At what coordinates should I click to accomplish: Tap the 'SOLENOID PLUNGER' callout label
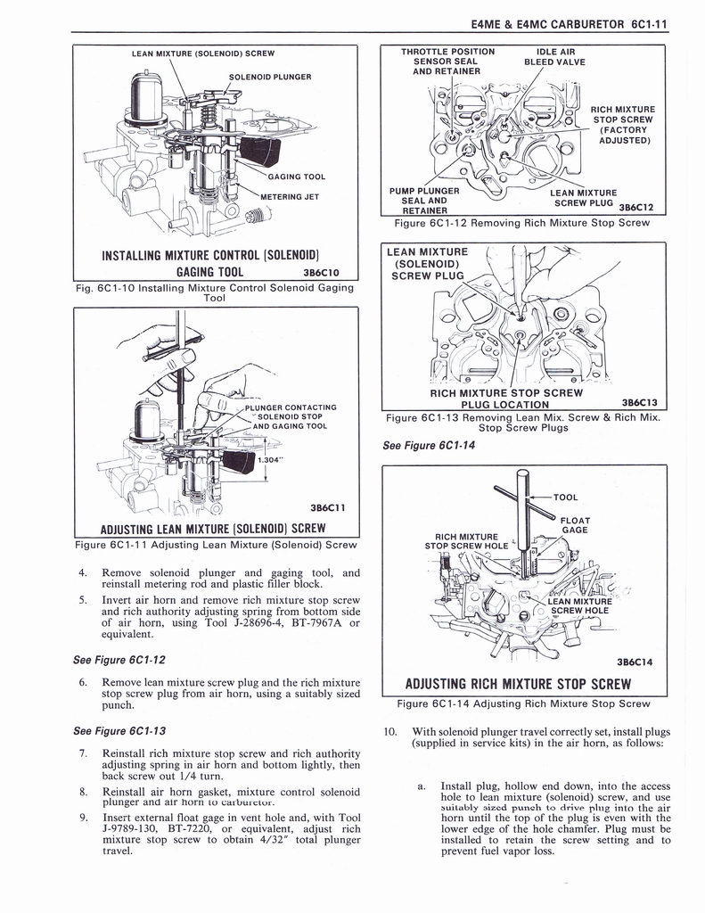[269, 77]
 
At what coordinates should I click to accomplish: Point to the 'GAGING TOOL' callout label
[296, 177]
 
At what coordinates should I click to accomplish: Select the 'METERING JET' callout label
[289, 197]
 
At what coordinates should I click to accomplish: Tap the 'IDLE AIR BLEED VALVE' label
[555, 56]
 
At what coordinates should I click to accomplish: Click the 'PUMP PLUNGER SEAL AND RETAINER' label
[424, 201]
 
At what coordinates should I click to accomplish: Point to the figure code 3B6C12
[636, 208]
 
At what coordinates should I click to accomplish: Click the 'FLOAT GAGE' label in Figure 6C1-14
[575, 525]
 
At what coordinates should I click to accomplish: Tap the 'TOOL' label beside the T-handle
[565, 498]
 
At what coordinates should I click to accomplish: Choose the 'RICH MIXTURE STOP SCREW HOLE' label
[466, 541]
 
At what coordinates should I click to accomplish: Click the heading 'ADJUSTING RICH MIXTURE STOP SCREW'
[518, 685]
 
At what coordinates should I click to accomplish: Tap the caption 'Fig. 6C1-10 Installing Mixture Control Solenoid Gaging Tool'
[214, 292]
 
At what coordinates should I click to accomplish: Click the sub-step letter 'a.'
[422, 786]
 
